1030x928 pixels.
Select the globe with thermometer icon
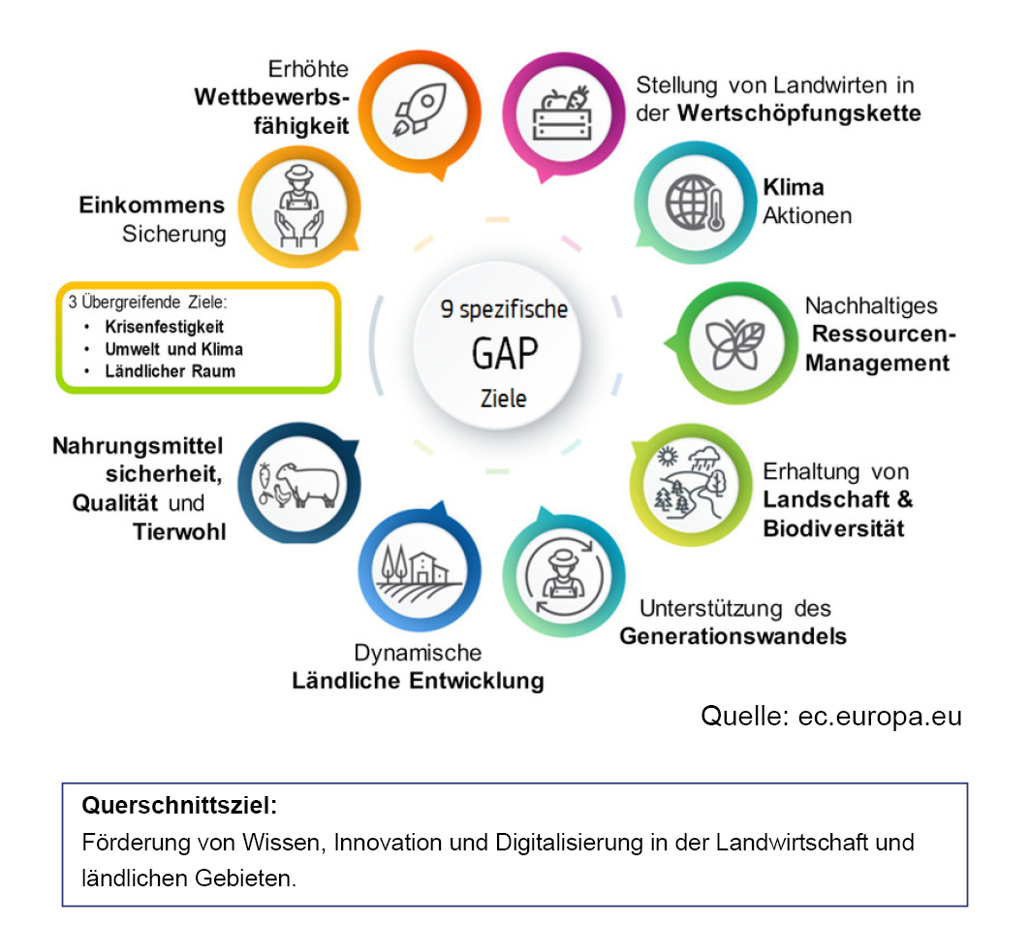coord(695,205)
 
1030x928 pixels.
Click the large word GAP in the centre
coord(504,354)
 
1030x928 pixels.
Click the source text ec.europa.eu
coord(880,717)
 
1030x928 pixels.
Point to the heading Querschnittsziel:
coord(179,806)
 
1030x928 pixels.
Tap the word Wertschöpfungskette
coord(798,113)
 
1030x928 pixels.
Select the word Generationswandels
coord(733,637)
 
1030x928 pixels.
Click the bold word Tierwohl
coord(179,531)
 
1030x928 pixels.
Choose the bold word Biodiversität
coord(833,528)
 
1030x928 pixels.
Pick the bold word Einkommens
coord(151,205)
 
